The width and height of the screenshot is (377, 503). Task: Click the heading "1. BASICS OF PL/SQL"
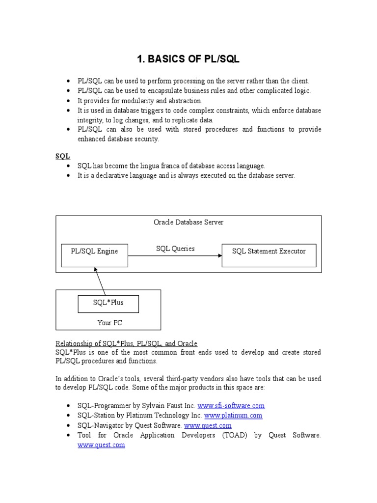pyautogui.click(x=188, y=59)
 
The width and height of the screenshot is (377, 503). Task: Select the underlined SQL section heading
pyautogui.click(x=62, y=156)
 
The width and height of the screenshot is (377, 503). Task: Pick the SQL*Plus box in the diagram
pyautogui.click(x=108, y=304)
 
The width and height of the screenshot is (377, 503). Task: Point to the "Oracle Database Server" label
pyautogui.click(x=188, y=223)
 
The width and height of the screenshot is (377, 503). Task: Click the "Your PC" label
pyautogui.click(x=109, y=323)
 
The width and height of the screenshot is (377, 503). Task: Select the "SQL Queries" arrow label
pyautogui.click(x=175, y=249)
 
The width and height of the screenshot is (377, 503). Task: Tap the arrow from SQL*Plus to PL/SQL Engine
pyautogui.click(x=100, y=281)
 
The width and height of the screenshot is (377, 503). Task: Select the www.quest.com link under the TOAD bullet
pyautogui.click(x=101, y=445)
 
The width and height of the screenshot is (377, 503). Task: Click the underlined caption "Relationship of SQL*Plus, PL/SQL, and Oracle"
pyautogui.click(x=126, y=343)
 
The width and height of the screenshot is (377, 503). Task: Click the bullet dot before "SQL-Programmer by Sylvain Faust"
pyautogui.click(x=68, y=406)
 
